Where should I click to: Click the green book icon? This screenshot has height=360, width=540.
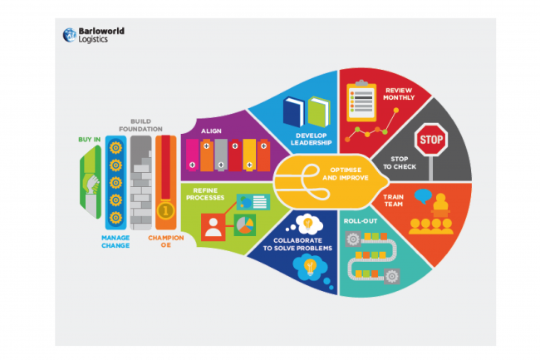point(319,112)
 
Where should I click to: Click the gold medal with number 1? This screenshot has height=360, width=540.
point(165,212)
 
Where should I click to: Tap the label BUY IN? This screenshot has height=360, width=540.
point(91,139)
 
